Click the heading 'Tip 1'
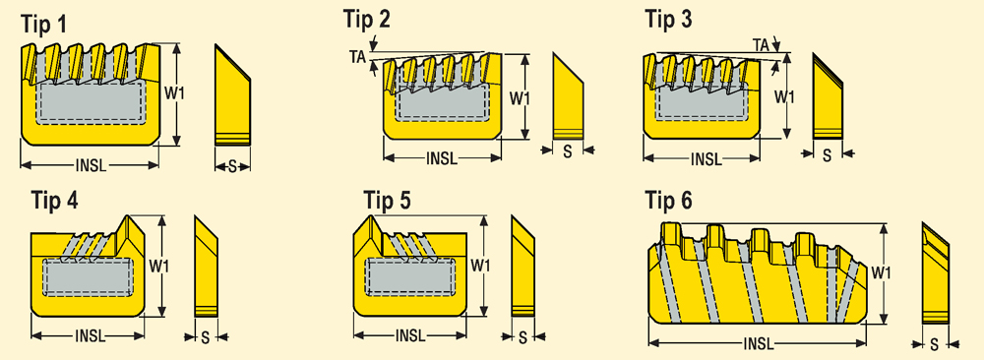point(44,25)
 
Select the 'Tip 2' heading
point(366,19)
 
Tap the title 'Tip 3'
point(669,19)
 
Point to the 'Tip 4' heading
point(54,201)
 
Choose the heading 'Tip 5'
point(388,201)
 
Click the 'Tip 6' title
point(669,201)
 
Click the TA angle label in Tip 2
point(357,56)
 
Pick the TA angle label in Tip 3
point(762,44)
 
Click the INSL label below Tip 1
point(91,165)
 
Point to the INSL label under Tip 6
point(758,343)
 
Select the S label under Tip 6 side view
point(935,343)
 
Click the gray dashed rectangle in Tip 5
point(409,277)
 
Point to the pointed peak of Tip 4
point(128,217)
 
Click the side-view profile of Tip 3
point(828,96)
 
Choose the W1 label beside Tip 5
point(479,266)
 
